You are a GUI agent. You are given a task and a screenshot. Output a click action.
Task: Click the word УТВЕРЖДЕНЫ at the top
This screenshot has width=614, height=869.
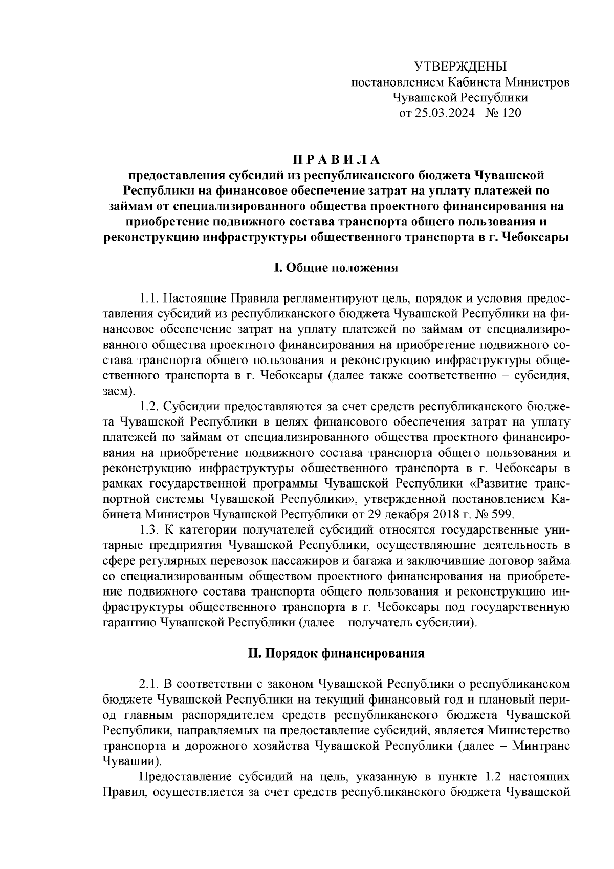tap(459, 67)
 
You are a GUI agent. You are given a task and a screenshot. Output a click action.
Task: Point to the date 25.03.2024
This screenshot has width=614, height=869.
tap(444, 113)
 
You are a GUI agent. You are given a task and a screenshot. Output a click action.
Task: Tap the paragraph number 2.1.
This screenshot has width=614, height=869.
tap(150, 684)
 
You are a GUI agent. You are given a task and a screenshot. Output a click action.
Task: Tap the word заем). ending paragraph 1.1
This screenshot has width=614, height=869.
tap(119, 391)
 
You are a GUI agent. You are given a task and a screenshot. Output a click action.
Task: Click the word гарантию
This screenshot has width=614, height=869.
tap(129, 623)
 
